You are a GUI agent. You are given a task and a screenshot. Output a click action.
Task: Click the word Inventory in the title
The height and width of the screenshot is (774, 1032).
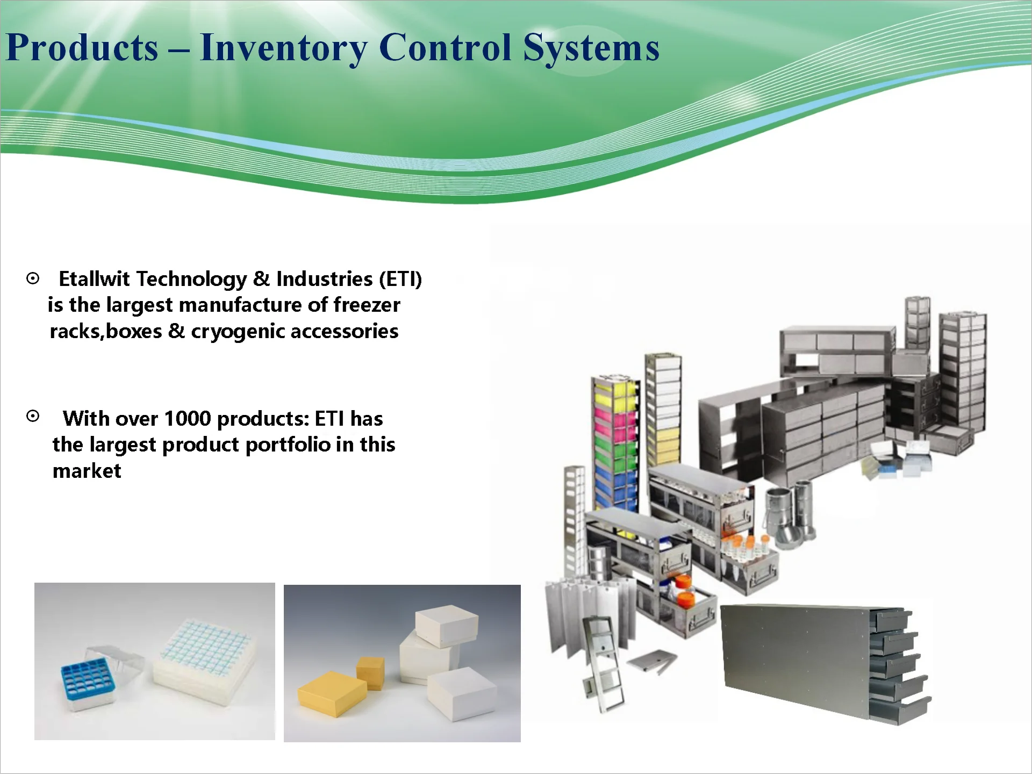click(x=283, y=48)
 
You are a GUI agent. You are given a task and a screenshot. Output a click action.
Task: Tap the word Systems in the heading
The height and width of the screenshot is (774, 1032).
click(x=591, y=48)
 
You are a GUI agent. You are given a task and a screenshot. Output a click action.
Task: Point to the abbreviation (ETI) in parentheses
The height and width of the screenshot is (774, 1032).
click(x=400, y=279)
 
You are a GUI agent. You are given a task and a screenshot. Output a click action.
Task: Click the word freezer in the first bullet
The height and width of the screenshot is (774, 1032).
click(x=367, y=305)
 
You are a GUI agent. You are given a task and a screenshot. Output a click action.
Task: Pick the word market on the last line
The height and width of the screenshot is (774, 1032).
click(x=87, y=471)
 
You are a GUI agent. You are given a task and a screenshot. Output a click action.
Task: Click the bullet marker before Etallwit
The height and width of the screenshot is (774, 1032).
click(x=33, y=278)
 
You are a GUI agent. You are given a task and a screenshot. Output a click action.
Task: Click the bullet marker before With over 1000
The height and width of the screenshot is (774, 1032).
click(x=33, y=417)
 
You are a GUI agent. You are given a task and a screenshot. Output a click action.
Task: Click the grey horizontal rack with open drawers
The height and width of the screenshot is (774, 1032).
click(x=826, y=664)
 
